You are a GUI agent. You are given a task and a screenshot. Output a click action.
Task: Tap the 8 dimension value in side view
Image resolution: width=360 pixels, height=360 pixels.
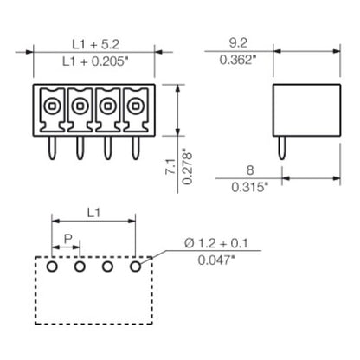[x=251, y=171]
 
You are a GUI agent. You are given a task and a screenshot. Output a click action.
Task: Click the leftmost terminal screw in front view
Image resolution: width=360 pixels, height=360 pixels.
[x=51, y=106]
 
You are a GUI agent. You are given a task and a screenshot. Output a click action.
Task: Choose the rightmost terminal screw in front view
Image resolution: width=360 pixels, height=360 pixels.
[x=135, y=106]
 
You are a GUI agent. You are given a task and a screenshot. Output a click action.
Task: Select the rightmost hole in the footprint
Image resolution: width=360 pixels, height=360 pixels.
[x=135, y=267]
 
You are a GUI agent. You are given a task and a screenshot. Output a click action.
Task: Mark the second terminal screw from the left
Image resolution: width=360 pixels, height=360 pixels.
[x=79, y=106]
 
